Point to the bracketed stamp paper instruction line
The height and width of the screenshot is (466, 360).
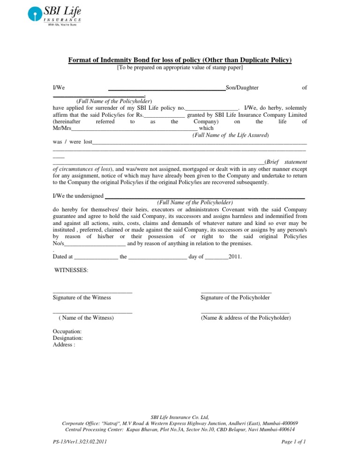(x=180, y=68)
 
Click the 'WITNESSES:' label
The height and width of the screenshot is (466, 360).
(x=71, y=271)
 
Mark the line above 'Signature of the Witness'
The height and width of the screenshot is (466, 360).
(x=92, y=293)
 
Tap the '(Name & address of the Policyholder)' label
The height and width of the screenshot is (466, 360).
(x=246, y=318)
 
